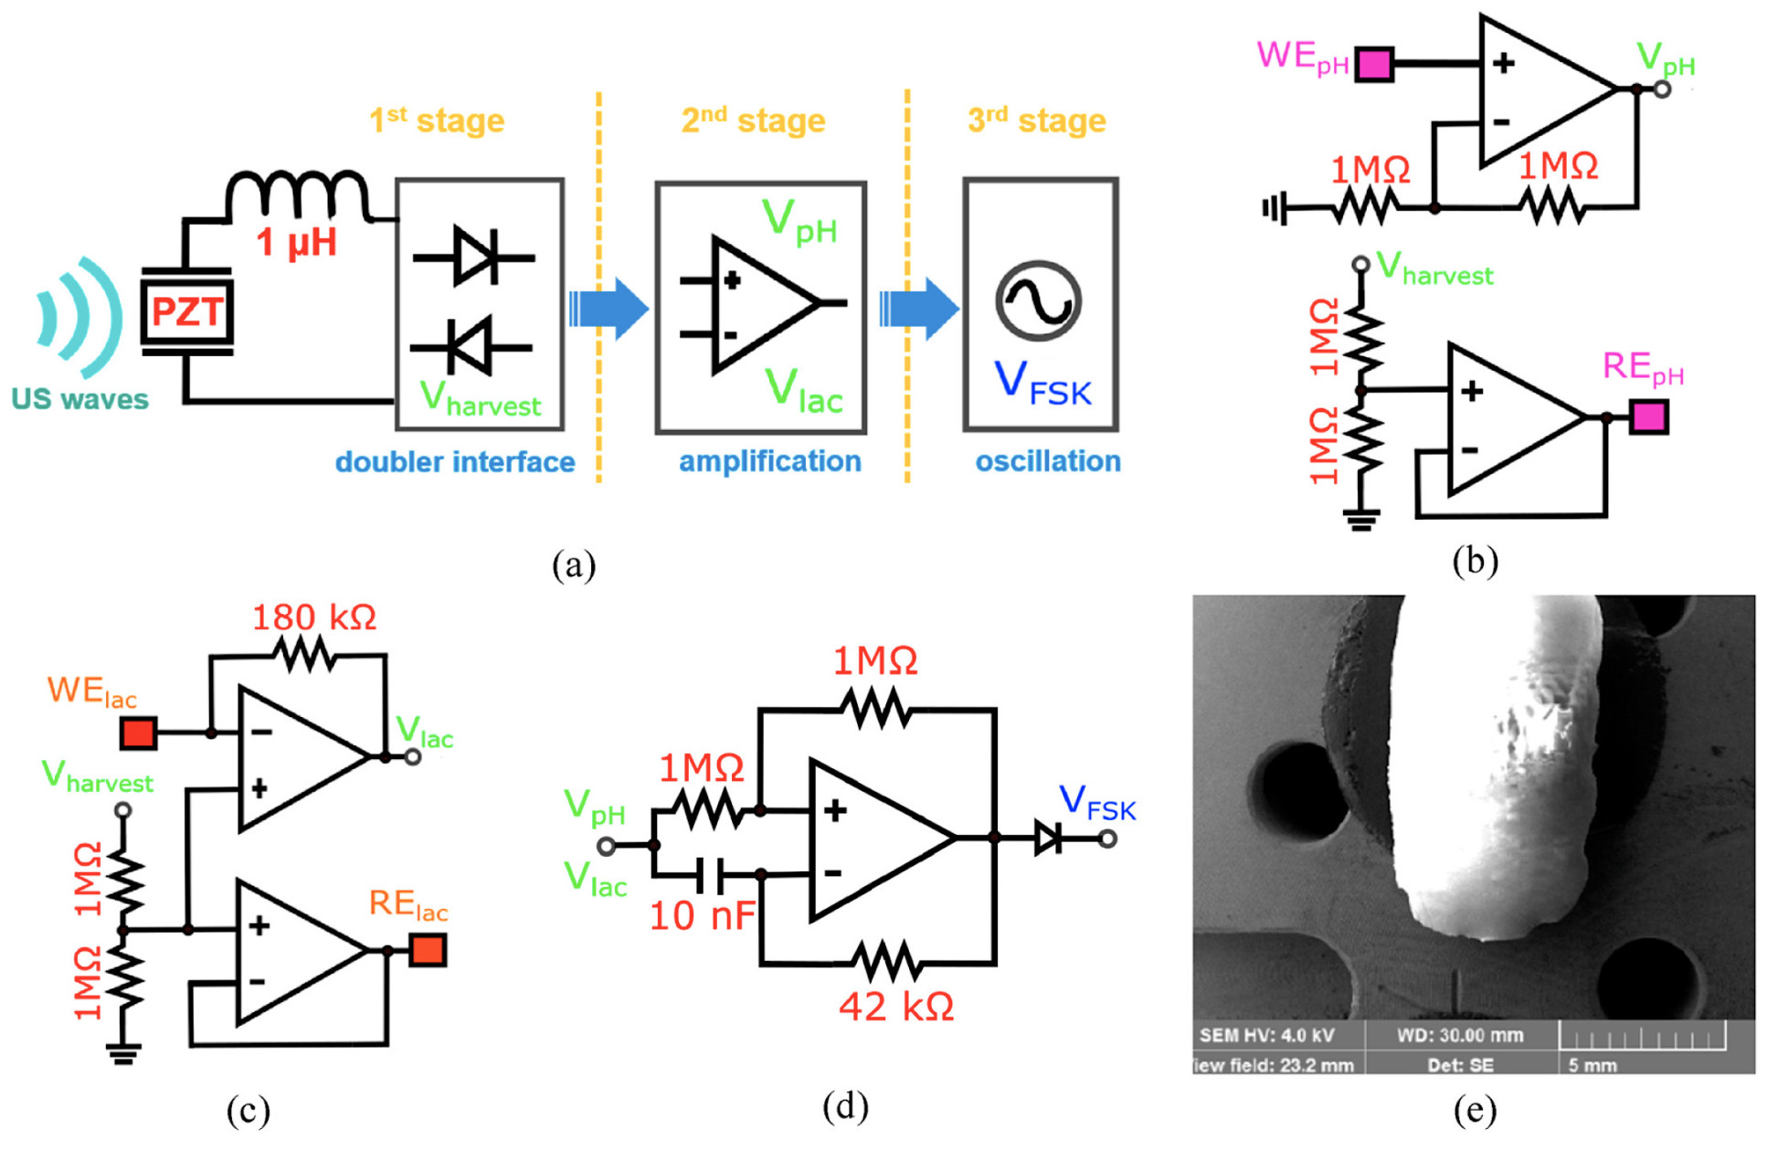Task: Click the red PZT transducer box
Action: click(x=186, y=311)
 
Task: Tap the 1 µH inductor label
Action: click(x=297, y=243)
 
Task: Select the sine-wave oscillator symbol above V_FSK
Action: click(x=1039, y=301)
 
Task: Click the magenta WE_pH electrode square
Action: click(x=1373, y=65)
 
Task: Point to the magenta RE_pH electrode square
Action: click(x=1648, y=417)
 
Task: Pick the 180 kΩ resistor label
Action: click(x=313, y=618)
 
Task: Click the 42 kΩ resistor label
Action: click(x=896, y=1007)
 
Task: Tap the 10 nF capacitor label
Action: click(x=702, y=915)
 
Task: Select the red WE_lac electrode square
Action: click(x=138, y=733)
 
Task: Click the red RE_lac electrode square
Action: click(x=428, y=950)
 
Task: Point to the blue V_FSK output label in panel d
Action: click(x=1097, y=803)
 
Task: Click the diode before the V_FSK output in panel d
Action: click(x=1047, y=837)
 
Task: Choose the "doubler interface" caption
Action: click(x=454, y=462)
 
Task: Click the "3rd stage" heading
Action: click(x=1036, y=121)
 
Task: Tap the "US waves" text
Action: click(x=79, y=399)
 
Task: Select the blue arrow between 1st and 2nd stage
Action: click(x=608, y=309)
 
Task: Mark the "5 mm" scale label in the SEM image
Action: click(x=1592, y=1065)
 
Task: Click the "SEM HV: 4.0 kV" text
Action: click(x=1266, y=1036)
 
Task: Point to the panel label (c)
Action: click(x=248, y=1111)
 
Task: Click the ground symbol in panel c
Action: click(x=123, y=1054)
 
